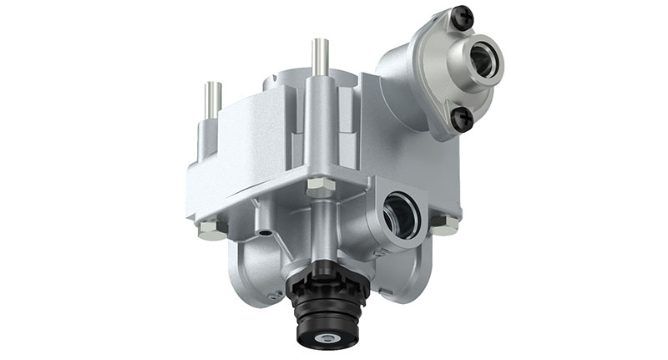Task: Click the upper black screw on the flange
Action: point(462,16)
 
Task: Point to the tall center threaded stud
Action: point(318,58)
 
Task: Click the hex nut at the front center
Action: point(321,186)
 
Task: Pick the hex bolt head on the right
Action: point(445,222)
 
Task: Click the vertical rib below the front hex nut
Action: point(322,230)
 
